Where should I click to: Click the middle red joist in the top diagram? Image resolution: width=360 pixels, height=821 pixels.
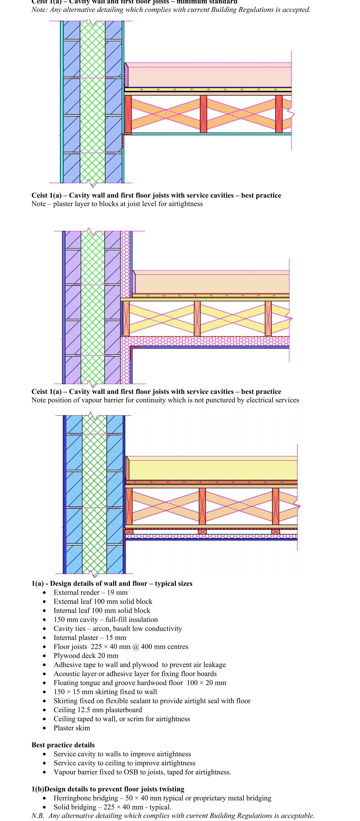coord(203,114)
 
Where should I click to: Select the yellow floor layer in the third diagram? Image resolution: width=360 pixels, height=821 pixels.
coord(212,469)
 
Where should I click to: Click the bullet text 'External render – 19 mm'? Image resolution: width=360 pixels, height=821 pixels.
coord(90,592)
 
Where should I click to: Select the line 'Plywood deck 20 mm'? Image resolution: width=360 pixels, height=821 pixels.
coord(86,656)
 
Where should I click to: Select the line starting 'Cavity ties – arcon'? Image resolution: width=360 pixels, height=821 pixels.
coord(118,628)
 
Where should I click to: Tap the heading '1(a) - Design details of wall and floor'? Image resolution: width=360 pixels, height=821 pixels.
coord(112,584)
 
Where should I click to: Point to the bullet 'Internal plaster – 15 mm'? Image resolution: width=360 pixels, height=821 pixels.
coord(90,637)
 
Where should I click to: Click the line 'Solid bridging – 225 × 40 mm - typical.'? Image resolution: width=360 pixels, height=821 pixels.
coord(112,807)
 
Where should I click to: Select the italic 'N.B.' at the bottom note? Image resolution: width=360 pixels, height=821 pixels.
coord(38,816)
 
